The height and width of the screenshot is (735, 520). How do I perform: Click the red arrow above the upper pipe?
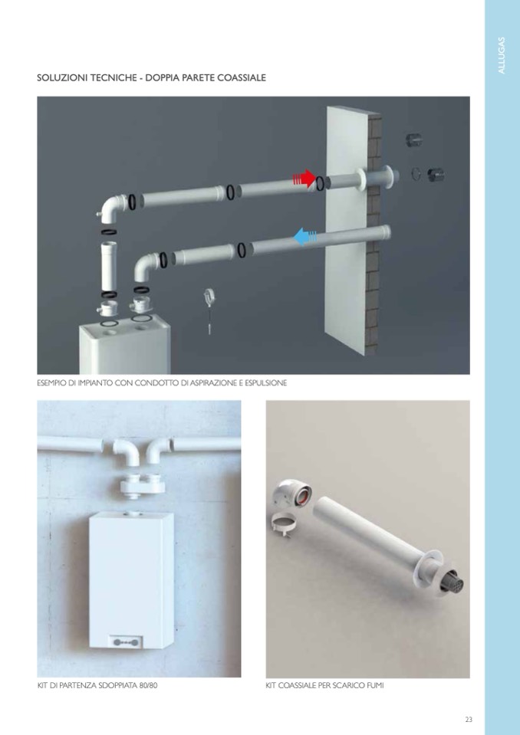tap(304, 179)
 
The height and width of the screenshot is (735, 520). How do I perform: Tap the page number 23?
tap(469, 719)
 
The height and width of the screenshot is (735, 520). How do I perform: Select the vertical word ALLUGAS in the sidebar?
tap(502, 55)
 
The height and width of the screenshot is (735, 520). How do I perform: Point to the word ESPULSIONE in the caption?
tap(265, 383)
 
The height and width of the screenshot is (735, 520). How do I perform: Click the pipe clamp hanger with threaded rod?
tap(209, 310)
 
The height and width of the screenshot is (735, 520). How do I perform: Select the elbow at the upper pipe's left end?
tap(113, 208)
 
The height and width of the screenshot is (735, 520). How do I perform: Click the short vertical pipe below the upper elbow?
tap(109, 265)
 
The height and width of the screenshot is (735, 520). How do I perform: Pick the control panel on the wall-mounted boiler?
tap(124, 641)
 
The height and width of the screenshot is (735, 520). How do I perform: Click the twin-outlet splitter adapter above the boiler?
tap(143, 485)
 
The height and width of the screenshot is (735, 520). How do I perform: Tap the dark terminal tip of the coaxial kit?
tap(453, 582)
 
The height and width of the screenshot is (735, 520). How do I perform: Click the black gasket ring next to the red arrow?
tap(320, 183)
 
